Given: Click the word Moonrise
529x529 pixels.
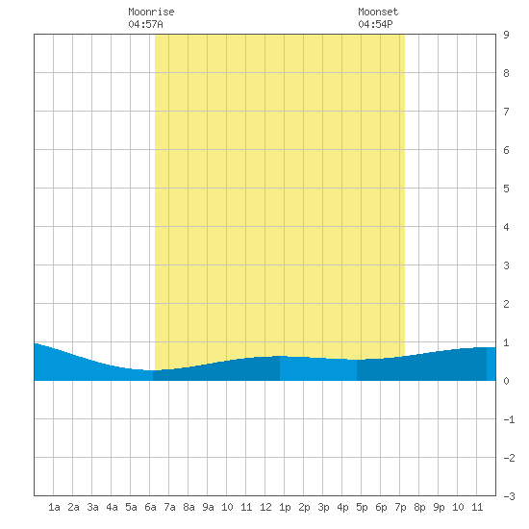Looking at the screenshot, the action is tap(151, 12).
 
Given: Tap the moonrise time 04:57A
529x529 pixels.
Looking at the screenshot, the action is tap(146, 24).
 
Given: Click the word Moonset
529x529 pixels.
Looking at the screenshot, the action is tap(378, 12).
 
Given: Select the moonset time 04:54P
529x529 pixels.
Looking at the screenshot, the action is tap(375, 24).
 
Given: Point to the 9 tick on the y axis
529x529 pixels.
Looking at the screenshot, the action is tap(506, 35).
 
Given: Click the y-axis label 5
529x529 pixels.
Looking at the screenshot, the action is tap(506, 189).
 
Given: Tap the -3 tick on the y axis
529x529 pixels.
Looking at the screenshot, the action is tap(509, 496).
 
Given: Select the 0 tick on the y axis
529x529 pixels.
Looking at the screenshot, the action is tap(506, 381).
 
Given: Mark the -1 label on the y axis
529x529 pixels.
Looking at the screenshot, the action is tap(509, 419).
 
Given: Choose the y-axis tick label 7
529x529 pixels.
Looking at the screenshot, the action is tap(506, 112).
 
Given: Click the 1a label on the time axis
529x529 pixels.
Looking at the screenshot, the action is tap(54, 507).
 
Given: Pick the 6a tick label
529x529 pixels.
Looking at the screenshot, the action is tap(150, 507).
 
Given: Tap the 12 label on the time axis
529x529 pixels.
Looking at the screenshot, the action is tap(265, 507).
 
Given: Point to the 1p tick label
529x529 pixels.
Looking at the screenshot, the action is tap(285, 507).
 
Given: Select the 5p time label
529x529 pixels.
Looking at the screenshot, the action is tap(362, 507).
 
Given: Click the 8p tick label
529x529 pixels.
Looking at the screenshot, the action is tap(419, 507).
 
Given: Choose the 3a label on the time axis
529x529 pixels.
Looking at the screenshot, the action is tap(92, 507).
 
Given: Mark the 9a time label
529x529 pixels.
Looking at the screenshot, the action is tap(208, 507).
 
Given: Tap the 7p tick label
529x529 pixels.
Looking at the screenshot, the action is tap(400, 507).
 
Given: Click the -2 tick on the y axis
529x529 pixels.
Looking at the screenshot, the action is tap(509, 458).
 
